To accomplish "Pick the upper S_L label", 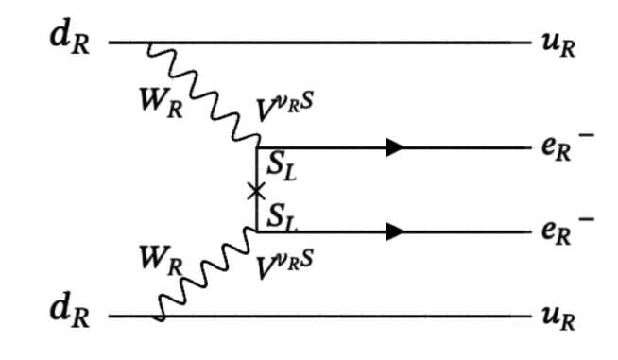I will tap(281, 165).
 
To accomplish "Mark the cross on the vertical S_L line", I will tap(256, 192).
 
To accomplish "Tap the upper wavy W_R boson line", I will tap(208, 95).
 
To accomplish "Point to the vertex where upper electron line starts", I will tap(257, 147).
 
